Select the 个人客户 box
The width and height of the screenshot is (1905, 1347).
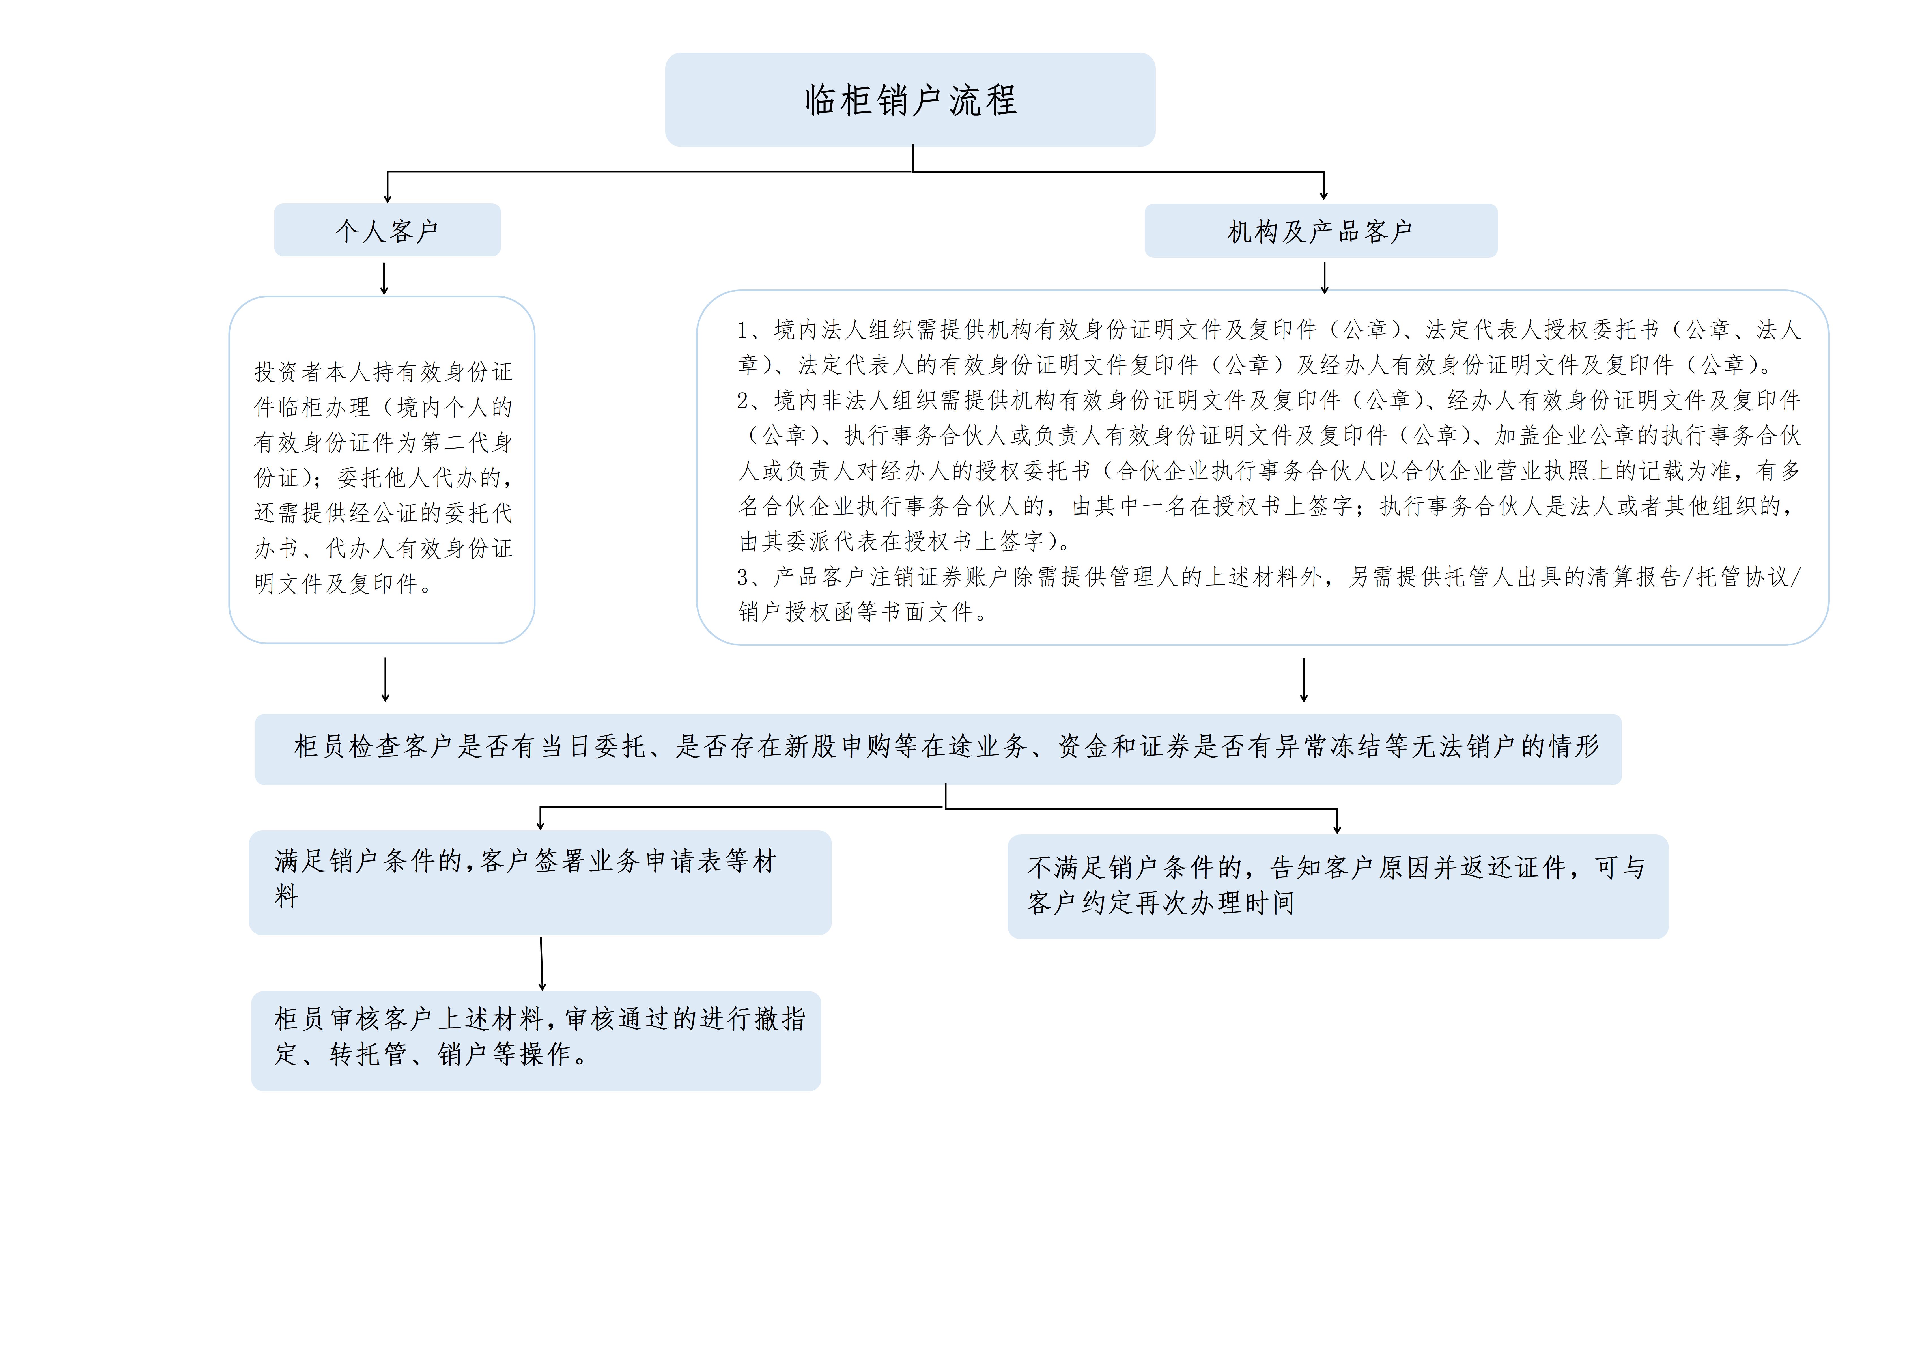pos(388,230)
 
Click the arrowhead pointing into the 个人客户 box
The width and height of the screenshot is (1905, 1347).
pos(388,197)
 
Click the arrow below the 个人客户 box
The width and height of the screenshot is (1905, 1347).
pos(384,279)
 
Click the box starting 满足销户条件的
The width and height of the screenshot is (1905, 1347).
pos(540,882)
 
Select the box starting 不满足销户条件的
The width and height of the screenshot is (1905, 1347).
pos(1338,886)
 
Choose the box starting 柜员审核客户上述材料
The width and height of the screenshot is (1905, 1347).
pos(536,1041)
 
